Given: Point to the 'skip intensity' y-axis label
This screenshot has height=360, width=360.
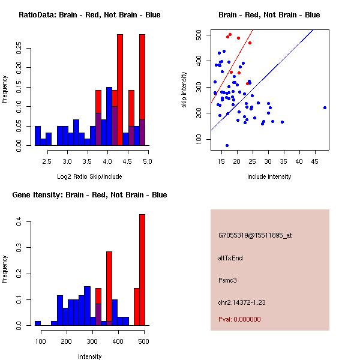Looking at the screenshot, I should click(184, 89).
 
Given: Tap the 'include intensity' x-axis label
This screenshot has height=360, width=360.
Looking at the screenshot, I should click(269, 176).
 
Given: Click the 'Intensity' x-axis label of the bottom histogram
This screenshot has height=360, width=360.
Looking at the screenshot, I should click(89, 356).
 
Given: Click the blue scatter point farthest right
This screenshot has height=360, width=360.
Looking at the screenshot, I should click(325, 107).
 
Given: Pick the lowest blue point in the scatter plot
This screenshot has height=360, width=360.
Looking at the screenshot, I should click(227, 145).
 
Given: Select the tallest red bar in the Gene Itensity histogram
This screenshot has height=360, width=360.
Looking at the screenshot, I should click(142, 269).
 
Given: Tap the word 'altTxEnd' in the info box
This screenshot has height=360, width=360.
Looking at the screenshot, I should click(230, 258).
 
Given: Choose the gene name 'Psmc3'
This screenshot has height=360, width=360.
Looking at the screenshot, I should click(228, 280).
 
